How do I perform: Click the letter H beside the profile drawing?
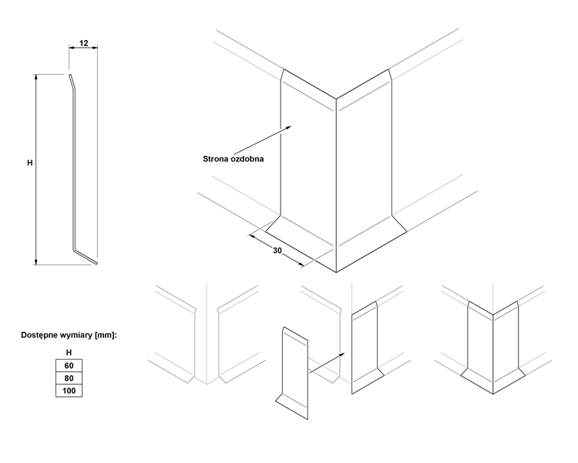(x=30, y=163)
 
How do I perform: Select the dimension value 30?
(x=277, y=252)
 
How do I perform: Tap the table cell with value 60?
(x=69, y=365)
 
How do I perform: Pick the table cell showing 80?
(x=69, y=378)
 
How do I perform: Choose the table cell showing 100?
(x=69, y=391)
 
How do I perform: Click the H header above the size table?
(x=69, y=352)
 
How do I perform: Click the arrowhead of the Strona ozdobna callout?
(x=290, y=126)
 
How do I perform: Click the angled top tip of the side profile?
(x=69, y=77)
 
